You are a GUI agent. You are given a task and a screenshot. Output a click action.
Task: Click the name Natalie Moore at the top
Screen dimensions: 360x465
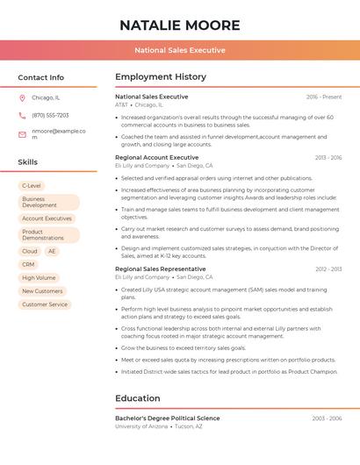tap(179, 25)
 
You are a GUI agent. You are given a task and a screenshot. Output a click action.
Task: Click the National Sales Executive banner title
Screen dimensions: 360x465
tap(179, 51)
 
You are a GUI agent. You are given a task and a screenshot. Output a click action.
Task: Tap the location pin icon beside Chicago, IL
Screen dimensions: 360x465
tap(22, 98)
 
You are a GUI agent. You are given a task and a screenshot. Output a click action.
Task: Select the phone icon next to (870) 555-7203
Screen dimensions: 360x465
tap(22, 116)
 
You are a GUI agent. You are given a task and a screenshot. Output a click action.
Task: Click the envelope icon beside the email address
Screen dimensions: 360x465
tap(22, 134)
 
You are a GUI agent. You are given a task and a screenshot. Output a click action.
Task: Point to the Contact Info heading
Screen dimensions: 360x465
tap(41, 77)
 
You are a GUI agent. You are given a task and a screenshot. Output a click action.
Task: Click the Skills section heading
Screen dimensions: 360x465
tap(28, 162)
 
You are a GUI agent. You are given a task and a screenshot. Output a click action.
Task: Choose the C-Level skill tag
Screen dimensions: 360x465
tap(32, 186)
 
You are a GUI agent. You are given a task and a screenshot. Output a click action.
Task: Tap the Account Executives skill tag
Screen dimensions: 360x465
tap(47, 218)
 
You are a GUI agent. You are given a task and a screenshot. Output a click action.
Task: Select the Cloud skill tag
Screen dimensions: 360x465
tap(30, 251)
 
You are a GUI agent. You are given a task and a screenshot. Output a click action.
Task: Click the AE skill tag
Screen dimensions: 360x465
tap(52, 251)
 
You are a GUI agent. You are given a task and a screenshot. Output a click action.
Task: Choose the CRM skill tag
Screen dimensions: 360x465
tap(29, 264)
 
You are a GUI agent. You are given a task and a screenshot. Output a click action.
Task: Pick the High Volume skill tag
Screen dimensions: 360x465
tap(39, 278)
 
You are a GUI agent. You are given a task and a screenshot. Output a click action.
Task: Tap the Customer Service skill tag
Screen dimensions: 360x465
tap(45, 304)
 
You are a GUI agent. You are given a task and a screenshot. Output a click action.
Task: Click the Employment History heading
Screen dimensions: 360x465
tap(161, 77)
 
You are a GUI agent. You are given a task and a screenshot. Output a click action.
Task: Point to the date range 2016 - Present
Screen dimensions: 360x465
tap(324, 97)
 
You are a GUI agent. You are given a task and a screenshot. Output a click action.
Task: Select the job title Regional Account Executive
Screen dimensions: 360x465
tap(156, 158)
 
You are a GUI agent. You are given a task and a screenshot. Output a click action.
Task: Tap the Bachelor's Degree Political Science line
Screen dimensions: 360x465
tap(168, 418)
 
